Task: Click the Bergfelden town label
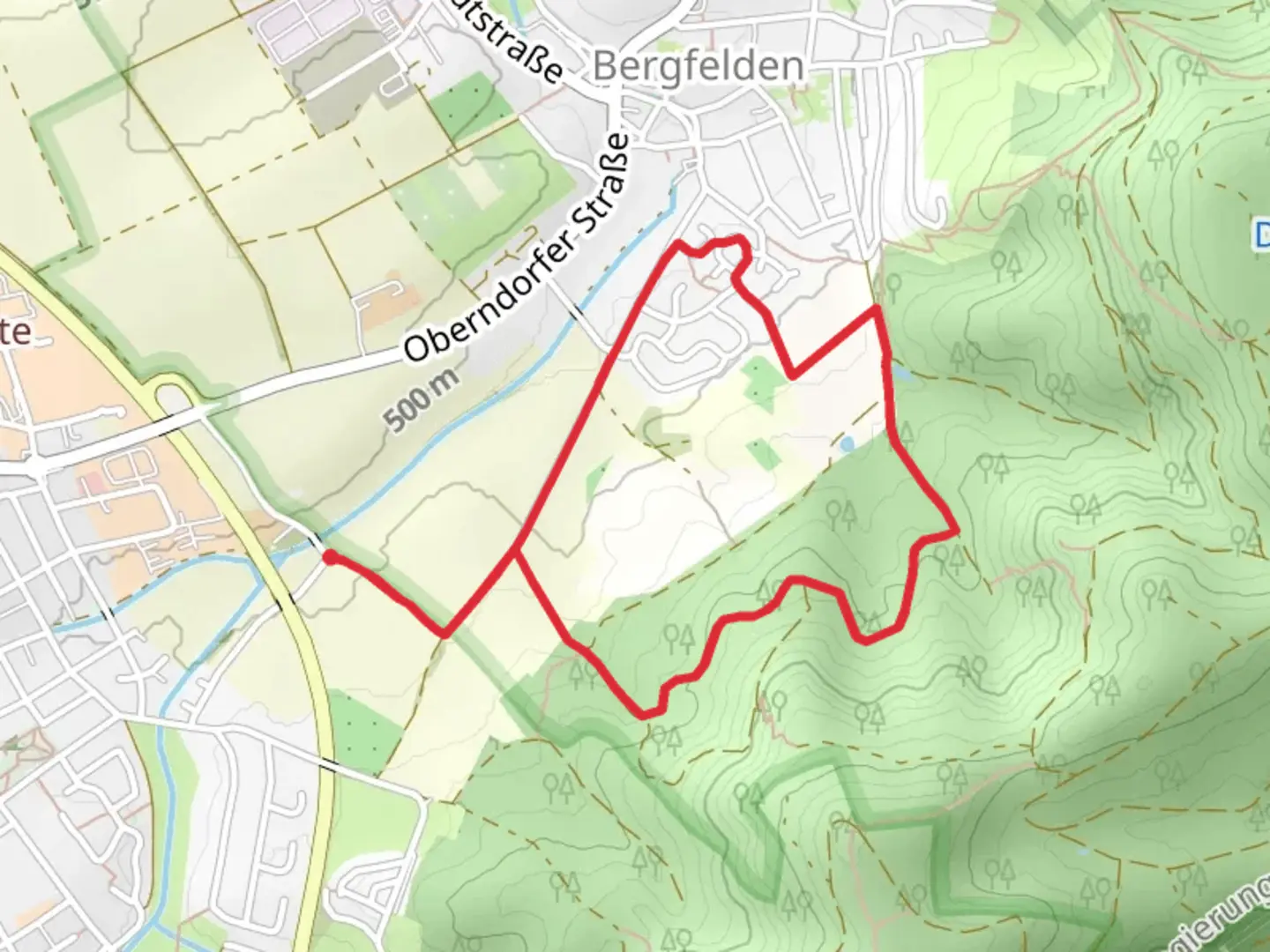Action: coord(699,66)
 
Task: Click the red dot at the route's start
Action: coord(329,557)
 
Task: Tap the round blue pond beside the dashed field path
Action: coord(848,443)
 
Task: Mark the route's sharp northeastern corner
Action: coord(876,309)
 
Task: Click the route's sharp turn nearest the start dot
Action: coord(445,633)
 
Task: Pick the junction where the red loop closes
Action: coord(516,552)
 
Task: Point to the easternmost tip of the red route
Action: coord(956,532)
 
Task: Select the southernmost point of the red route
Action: coord(648,715)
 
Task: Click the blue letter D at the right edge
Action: coord(1261,234)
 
